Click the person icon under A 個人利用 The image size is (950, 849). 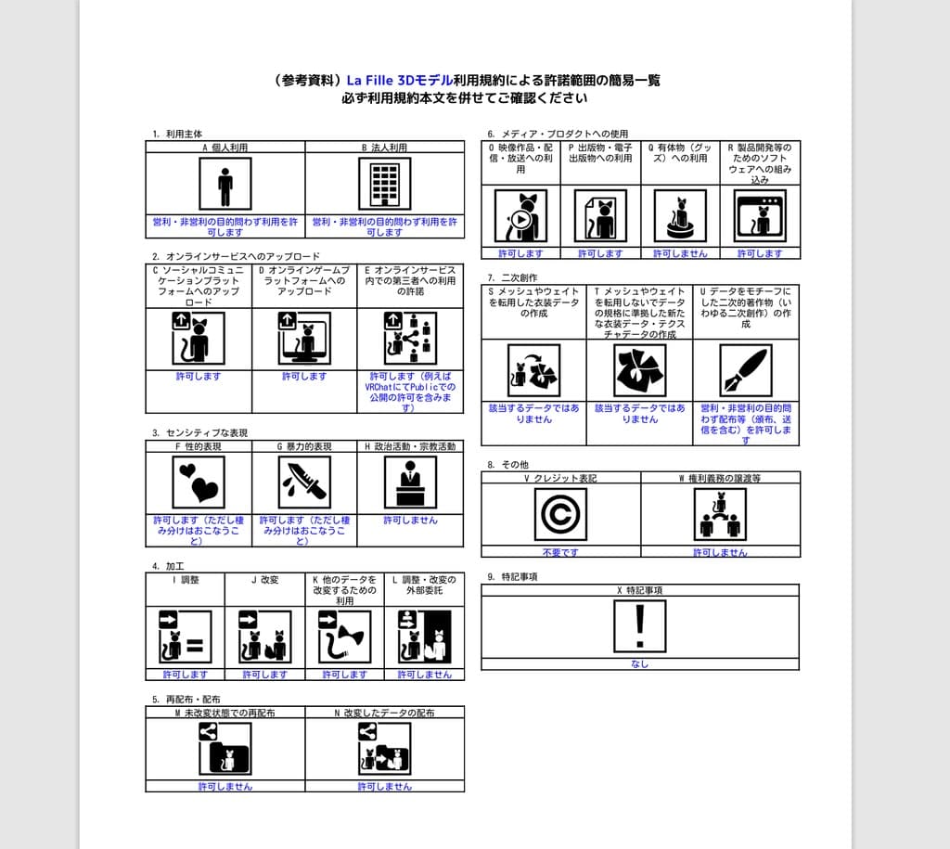(x=225, y=184)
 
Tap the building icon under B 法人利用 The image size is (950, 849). (x=384, y=184)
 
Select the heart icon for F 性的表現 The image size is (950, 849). (x=199, y=482)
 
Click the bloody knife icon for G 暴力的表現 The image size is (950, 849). (x=304, y=482)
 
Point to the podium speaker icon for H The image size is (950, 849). (x=410, y=482)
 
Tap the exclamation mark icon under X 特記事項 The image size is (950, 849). (x=639, y=626)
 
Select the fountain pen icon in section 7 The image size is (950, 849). (x=746, y=370)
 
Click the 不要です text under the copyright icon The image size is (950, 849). (x=560, y=552)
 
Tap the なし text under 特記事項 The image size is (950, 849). (x=639, y=663)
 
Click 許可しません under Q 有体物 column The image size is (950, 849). (x=680, y=253)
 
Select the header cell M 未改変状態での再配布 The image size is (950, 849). (x=225, y=713)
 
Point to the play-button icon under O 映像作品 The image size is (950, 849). (x=520, y=216)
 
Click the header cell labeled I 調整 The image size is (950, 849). (x=186, y=580)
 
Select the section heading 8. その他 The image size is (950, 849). (x=509, y=464)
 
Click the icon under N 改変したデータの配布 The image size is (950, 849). (x=384, y=748)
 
